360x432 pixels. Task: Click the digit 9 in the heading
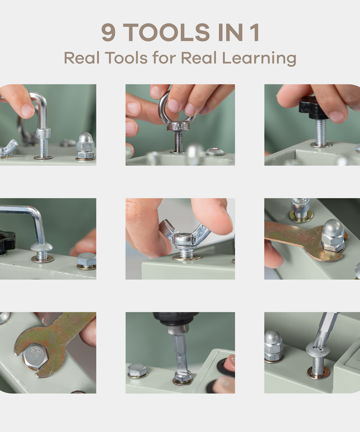[108, 33]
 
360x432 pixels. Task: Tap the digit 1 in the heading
[255, 33]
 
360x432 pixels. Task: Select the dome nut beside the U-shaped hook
[85, 146]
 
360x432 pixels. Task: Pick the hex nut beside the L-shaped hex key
[87, 260]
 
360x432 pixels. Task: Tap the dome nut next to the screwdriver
[273, 345]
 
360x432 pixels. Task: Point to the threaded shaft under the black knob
[321, 132]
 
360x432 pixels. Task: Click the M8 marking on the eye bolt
[177, 127]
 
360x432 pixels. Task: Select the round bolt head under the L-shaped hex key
[41, 248]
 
